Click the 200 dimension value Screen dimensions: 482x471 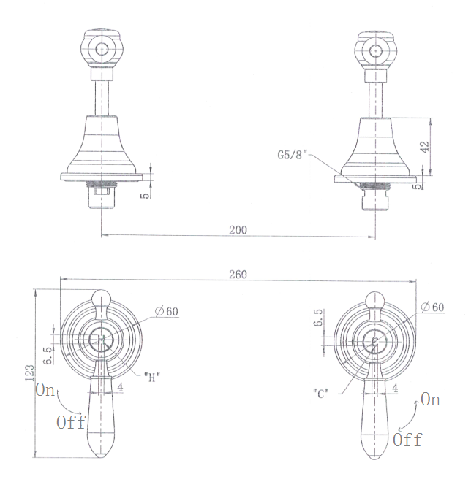pyautogui.click(x=237, y=229)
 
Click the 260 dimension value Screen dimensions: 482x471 pyautogui.click(x=237, y=274)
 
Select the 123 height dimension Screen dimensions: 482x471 pyautogui.click(x=29, y=372)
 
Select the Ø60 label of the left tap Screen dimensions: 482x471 pyautogui.click(x=167, y=311)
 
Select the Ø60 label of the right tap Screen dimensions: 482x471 pyautogui.click(x=433, y=307)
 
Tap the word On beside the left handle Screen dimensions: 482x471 pyautogui.click(x=45, y=391)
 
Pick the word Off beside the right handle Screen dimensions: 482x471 pyautogui.click(x=407, y=440)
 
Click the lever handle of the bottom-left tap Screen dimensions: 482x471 pyautogui.click(x=102, y=416)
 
